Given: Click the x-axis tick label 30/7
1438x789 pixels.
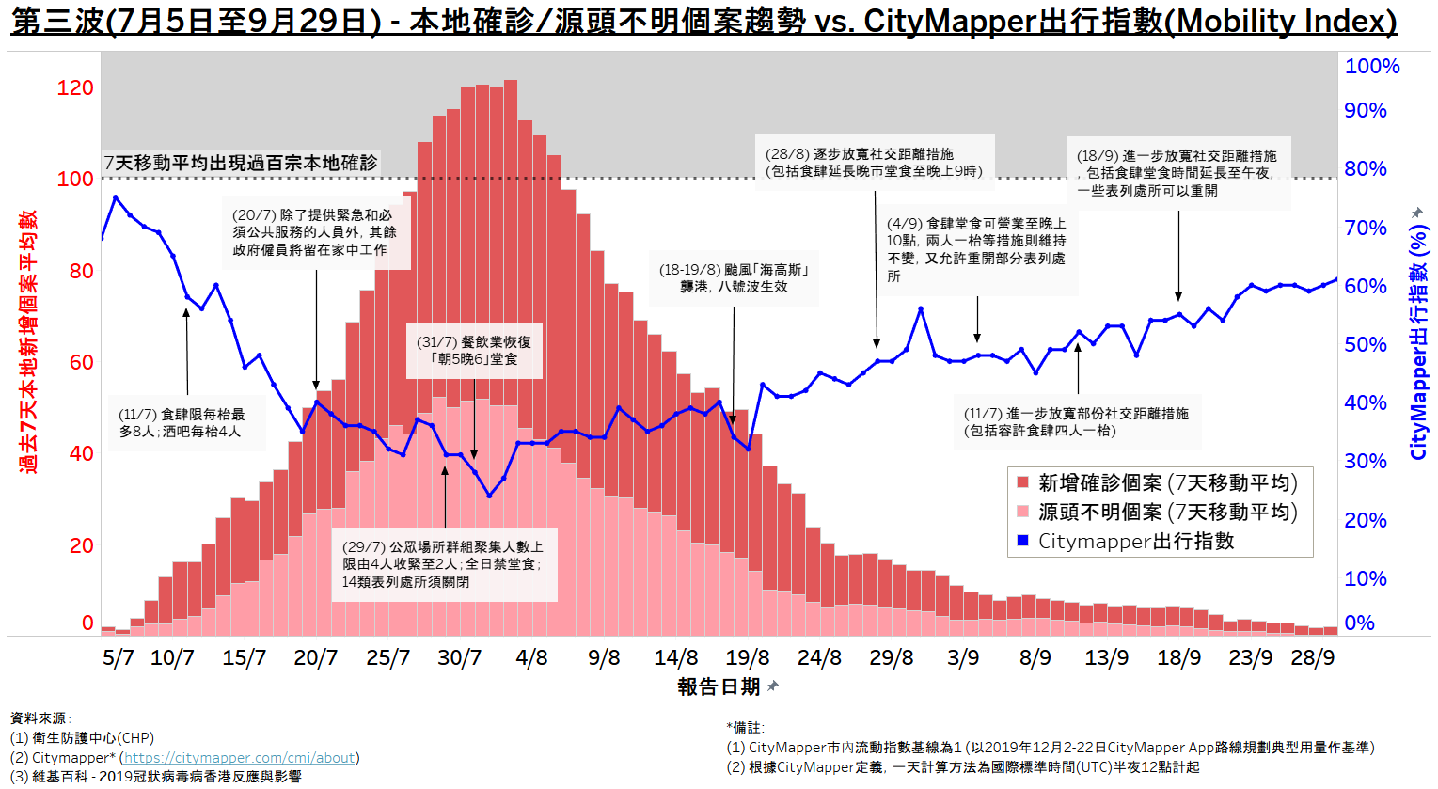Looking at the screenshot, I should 459,657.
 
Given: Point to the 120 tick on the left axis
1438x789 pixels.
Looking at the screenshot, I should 75,88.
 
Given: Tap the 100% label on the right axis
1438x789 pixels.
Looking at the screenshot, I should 1372,67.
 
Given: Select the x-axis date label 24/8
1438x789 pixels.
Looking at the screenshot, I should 819,657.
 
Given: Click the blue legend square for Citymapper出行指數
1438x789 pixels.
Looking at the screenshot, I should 1023,542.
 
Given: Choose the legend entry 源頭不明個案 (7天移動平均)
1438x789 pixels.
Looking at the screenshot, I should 1167,513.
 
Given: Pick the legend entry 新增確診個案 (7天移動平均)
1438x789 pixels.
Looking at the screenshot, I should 1167,483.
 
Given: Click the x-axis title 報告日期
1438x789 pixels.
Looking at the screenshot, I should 719,687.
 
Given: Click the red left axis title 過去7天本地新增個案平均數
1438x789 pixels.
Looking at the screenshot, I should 29,341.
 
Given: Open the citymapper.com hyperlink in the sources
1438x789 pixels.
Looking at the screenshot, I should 240,758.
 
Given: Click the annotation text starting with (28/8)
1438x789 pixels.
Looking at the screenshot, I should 874,163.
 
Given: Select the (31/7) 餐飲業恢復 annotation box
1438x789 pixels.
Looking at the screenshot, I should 474,351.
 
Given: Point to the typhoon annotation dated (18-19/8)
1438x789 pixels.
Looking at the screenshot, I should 735,278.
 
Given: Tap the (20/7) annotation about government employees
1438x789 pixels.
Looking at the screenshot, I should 315,232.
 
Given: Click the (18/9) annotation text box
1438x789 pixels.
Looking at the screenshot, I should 1177,173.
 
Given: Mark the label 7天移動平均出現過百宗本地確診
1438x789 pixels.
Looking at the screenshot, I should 241,163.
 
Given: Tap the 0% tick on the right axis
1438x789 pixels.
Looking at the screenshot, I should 1359,623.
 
